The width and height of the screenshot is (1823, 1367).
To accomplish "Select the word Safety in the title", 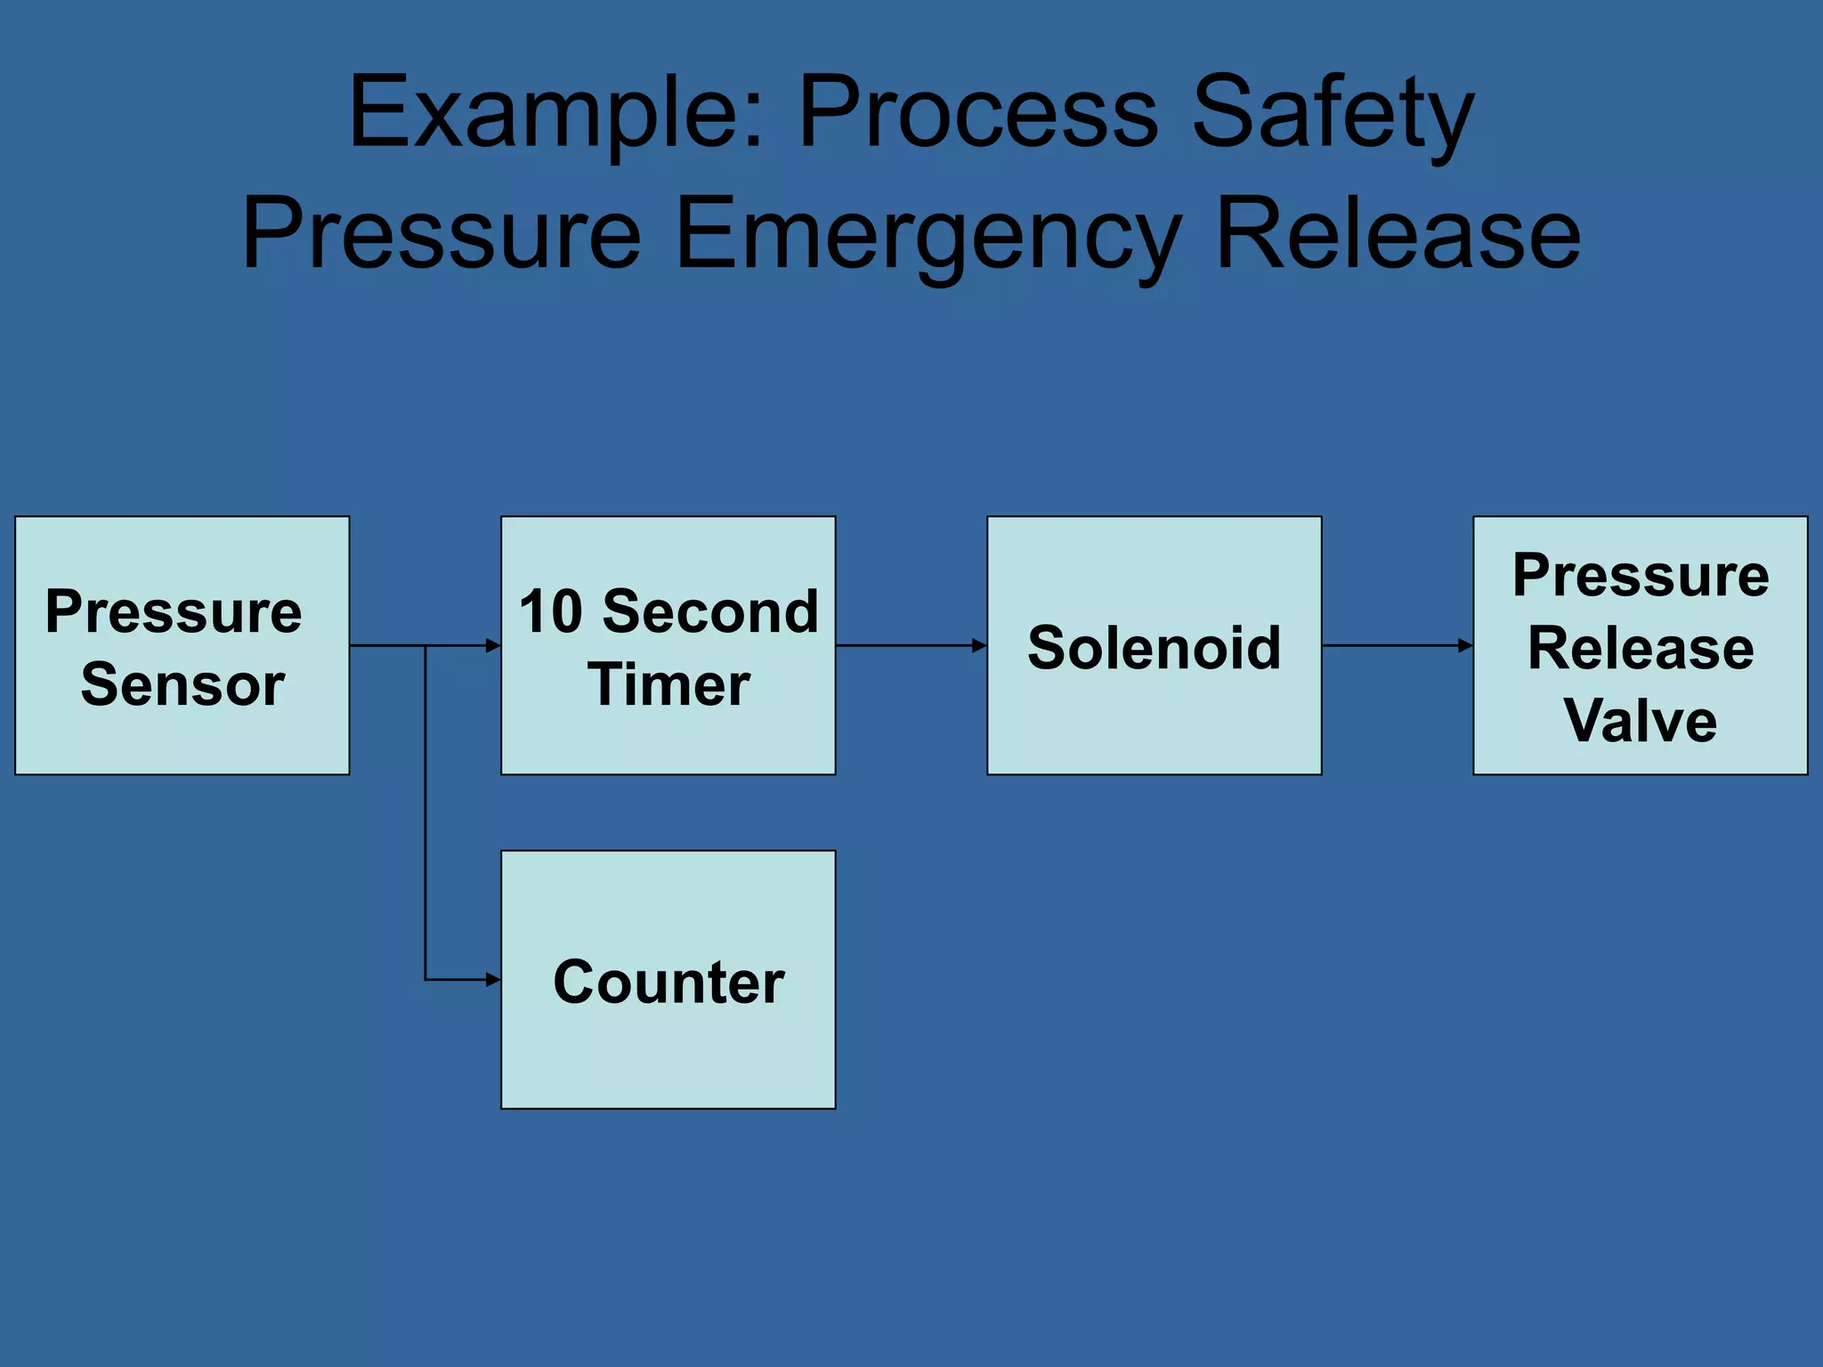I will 1333,114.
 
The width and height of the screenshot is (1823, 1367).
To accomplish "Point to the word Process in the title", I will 977,114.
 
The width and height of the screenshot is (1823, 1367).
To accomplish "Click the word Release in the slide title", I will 1398,236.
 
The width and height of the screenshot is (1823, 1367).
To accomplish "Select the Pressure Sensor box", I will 182,645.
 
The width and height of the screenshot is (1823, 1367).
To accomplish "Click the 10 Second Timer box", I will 668,645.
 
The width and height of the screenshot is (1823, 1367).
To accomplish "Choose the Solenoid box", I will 1154,645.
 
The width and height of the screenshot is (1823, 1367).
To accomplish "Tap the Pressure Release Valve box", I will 1640,645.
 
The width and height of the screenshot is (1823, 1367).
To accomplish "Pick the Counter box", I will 668,979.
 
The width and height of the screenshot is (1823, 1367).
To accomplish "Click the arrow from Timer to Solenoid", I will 910,645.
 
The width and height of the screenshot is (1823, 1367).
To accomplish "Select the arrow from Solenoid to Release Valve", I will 1396,645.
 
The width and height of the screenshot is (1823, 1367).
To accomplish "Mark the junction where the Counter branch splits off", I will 425,645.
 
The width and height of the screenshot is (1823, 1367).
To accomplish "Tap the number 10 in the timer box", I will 550,612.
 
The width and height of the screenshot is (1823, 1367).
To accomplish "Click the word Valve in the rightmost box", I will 1640,720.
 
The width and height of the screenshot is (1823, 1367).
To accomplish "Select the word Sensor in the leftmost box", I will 182,684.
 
